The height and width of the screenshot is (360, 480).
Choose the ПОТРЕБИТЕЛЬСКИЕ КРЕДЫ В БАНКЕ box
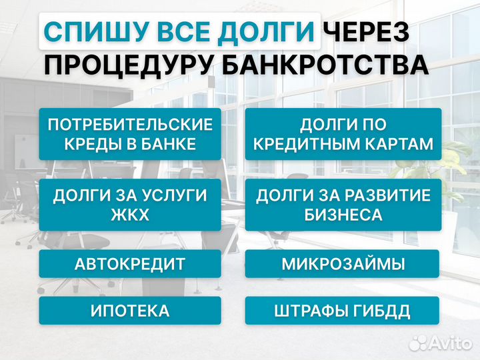point(130,134)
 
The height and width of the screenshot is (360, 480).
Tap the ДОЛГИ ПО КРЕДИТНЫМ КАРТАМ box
point(343,134)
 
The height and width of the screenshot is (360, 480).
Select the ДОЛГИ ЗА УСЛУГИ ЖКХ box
point(130,205)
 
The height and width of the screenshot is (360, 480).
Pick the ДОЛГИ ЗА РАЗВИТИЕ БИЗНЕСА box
point(343,205)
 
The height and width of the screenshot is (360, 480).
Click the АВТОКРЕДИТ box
point(130,264)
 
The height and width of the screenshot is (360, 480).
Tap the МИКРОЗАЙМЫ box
point(343,264)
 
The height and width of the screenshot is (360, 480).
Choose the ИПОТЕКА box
point(130,311)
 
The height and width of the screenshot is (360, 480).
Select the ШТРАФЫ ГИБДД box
point(343,311)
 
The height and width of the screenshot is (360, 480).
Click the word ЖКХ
point(130,215)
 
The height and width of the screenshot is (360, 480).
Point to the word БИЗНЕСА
point(343,215)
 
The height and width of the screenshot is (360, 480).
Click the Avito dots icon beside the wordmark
point(418,343)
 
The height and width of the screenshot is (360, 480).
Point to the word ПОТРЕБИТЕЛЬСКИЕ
point(130,124)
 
